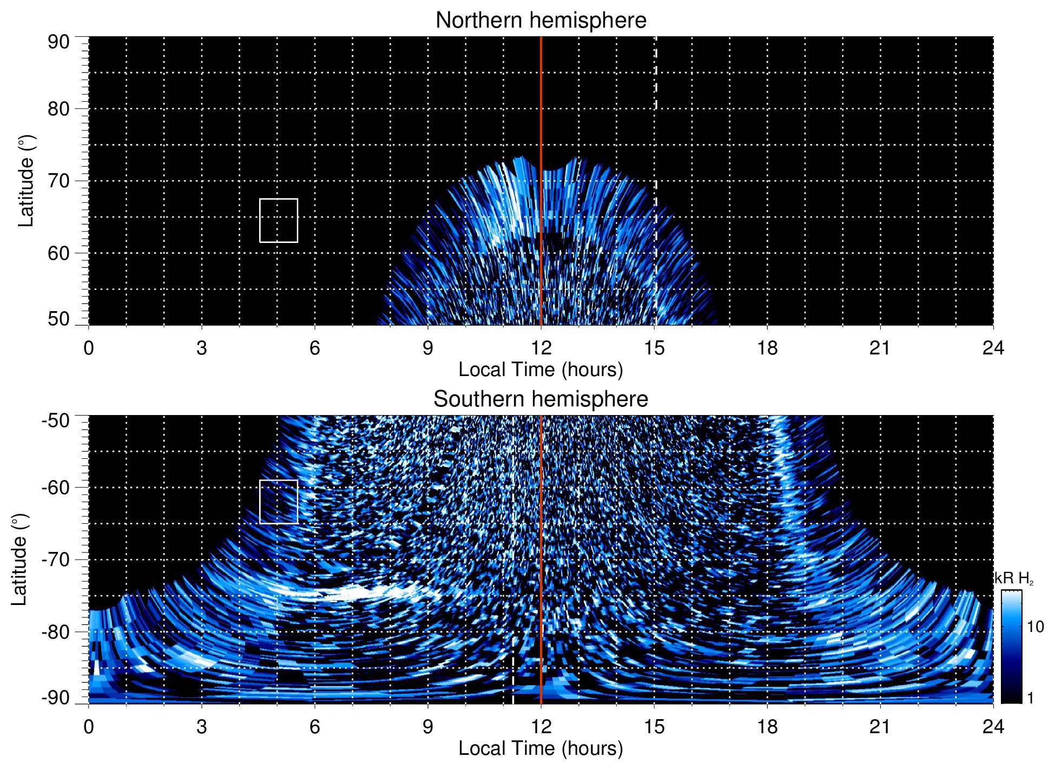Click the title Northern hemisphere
540,21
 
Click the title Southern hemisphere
540,399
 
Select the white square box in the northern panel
279,221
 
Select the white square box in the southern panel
279,502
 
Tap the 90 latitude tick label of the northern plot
58,42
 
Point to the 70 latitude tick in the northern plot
58,181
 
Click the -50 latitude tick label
55,420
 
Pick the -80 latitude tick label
55,631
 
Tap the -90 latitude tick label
55,697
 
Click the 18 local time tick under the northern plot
767,348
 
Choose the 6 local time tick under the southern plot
314,727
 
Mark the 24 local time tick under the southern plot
993,727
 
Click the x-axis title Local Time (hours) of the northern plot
540,370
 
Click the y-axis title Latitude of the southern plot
19,560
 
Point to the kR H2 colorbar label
1014,578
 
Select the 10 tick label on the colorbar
1035,627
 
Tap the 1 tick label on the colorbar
1030,698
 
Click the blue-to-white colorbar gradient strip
1011,647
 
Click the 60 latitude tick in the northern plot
58,253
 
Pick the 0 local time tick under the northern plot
89,348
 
